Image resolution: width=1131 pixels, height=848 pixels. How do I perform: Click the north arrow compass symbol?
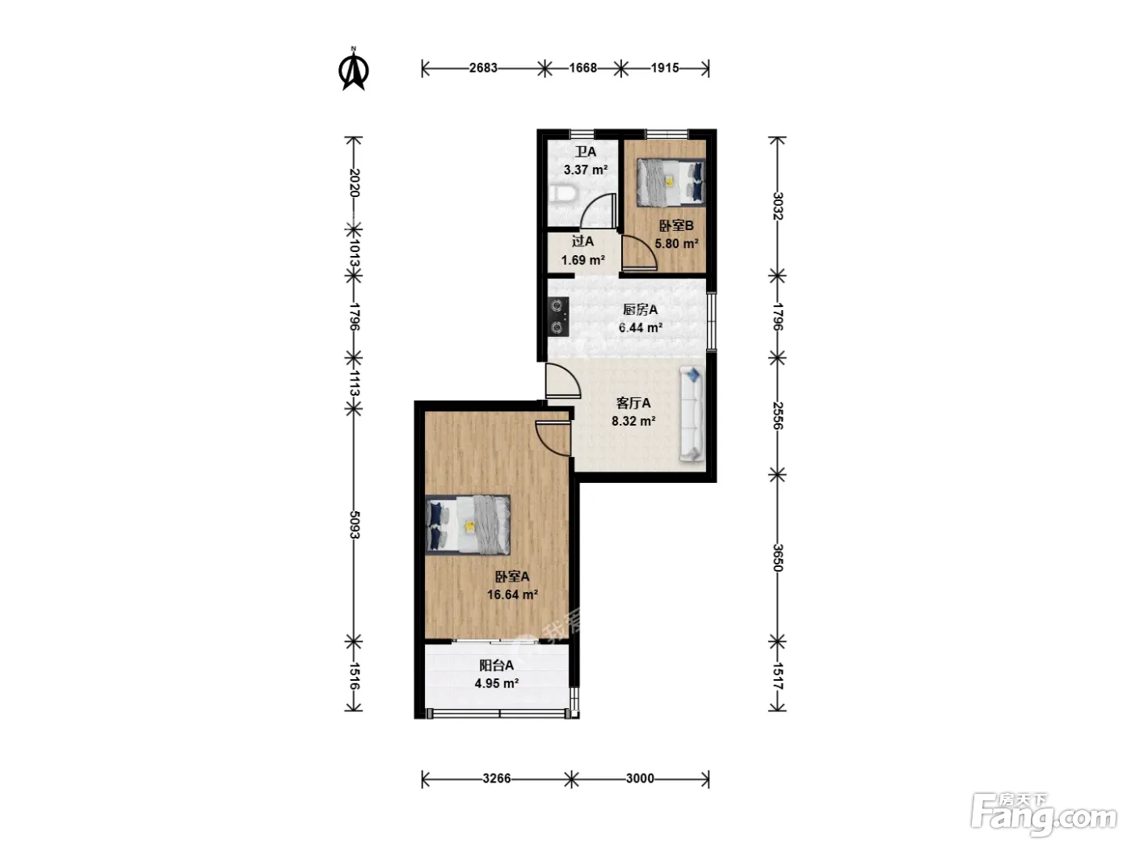tap(353, 69)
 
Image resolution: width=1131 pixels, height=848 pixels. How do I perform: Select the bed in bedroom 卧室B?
tap(670, 183)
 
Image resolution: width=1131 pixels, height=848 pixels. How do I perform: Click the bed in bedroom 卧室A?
tap(468, 525)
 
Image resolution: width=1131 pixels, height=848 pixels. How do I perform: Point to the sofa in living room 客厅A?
tap(692, 413)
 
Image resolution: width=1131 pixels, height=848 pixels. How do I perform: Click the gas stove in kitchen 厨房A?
tap(558, 317)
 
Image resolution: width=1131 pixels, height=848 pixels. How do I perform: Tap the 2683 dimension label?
tap(483, 68)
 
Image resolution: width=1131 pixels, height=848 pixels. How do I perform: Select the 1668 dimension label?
tap(582, 68)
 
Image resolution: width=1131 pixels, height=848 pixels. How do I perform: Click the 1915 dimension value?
tap(665, 68)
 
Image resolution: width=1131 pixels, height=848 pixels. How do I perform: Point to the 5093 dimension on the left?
tap(354, 525)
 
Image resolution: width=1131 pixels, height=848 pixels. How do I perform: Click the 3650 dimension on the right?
tap(777, 558)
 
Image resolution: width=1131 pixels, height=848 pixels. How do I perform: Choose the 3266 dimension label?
tap(497, 778)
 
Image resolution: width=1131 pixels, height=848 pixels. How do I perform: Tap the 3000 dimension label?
tap(640, 778)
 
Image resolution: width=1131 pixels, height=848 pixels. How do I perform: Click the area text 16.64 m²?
tap(513, 594)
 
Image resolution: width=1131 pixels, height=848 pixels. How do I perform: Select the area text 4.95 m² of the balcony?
tap(496, 683)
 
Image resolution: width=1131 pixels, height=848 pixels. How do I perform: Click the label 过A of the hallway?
tap(582, 241)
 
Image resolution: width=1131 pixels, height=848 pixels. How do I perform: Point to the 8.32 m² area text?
tap(633, 421)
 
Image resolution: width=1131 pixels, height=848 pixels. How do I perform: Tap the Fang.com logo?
tap(1044, 813)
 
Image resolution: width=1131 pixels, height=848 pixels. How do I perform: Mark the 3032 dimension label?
tap(777, 206)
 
